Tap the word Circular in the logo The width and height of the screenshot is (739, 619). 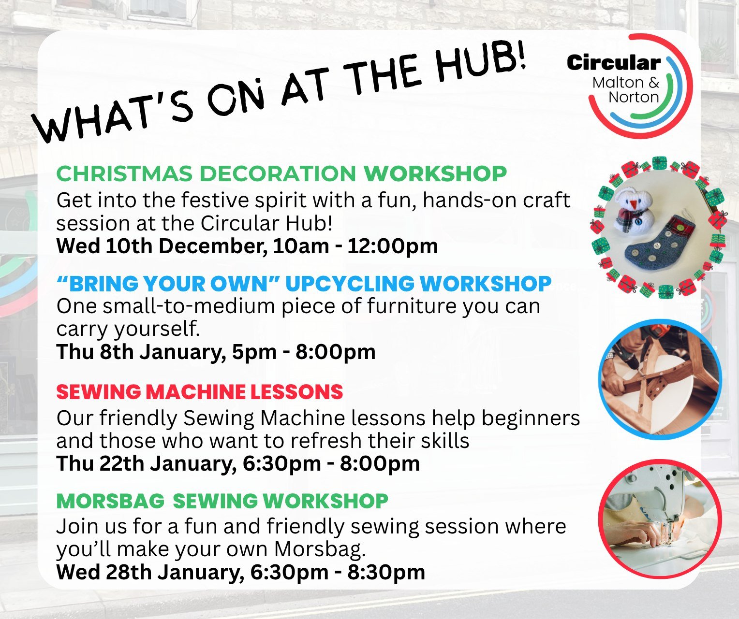point(613,63)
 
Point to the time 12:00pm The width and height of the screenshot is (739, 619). point(392,246)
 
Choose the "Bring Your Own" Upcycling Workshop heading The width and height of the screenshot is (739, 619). point(304,284)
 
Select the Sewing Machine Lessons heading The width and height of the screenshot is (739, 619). point(199,392)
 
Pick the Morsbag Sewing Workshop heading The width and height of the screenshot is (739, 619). point(222,501)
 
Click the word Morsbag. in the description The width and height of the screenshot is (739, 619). point(320,549)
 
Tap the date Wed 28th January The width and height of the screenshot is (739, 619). point(149,572)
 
